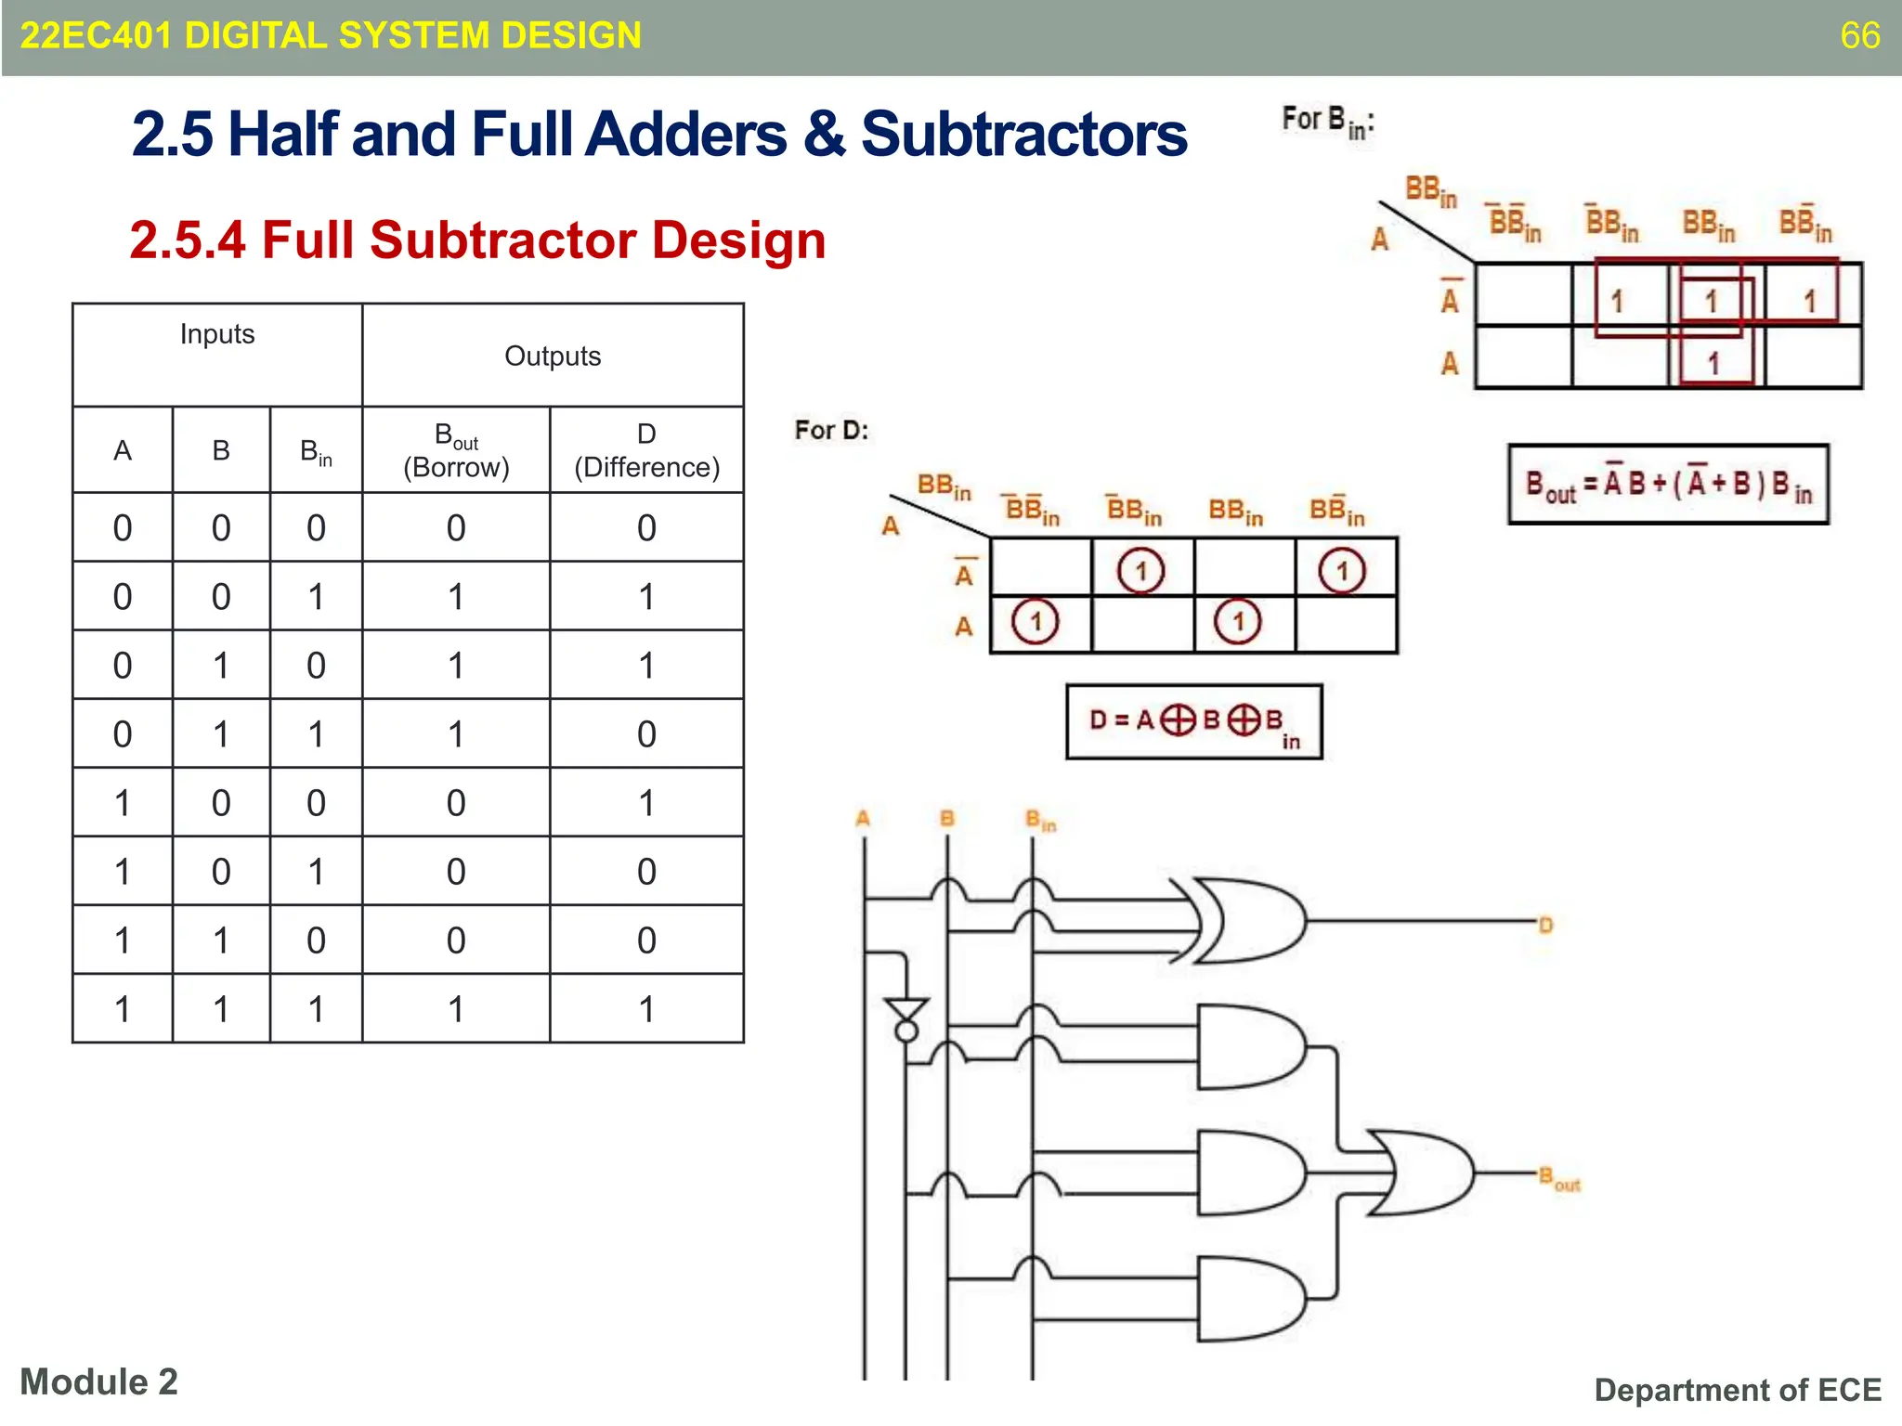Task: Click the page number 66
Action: [x=1859, y=36]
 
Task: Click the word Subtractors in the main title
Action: [x=1023, y=135]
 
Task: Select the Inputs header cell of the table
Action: [x=217, y=335]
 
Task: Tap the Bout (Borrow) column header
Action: [x=456, y=450]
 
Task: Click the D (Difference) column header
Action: [x=646, y=450]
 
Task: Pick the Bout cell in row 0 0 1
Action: [x=456, y=597]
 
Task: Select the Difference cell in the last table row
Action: [x=646, y=1009]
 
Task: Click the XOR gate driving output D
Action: [x=1249, y=921]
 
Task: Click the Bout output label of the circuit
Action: [x=1559, y=1179]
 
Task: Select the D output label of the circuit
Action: [x=1545, y=925]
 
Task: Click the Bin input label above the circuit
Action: [x=1040, y=820]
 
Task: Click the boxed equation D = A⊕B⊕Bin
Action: [x=1193, y=722]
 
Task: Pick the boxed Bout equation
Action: [x=1668, y=485]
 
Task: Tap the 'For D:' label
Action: [x=831, y=430]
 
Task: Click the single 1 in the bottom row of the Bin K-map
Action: [x=1714, y=362]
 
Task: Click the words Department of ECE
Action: [x=1737, y=1390]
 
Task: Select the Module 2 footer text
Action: [x=98, y=1381]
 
